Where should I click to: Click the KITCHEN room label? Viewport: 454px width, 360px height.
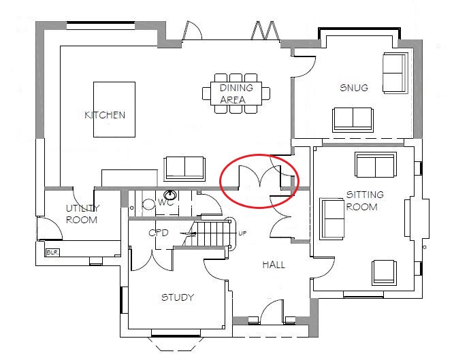[105, 115]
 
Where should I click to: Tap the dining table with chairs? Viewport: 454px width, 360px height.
[236, 94]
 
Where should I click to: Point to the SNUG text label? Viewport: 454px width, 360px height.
[354, 88]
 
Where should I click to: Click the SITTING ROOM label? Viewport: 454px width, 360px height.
[365, 201]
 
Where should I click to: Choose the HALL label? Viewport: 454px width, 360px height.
[274, 265]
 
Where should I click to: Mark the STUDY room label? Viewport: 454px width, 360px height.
[178, 297]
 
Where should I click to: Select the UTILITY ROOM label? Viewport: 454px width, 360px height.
[82, 214]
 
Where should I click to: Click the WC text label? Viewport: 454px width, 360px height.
[166, 202]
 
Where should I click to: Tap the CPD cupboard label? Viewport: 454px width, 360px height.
[158, 233]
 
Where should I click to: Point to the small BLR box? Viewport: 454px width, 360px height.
[51, 252]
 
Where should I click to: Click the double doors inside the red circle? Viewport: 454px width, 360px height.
[259, 180]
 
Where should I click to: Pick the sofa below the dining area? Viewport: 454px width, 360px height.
[184, 167]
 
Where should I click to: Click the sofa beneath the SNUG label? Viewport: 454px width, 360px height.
[353, 120]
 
